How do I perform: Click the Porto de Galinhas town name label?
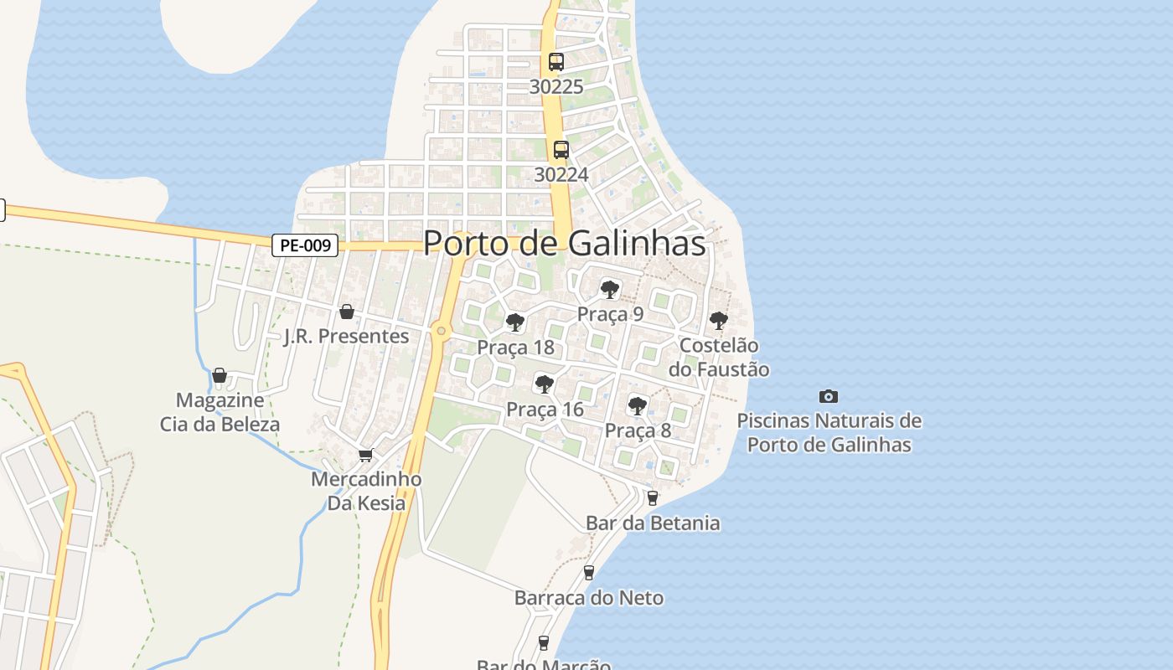click(x=564, y=243)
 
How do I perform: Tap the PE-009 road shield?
click(x=305, y=245)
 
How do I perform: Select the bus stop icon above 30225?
click(x=556, y=61)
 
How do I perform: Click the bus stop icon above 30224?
click(x=561, y=150)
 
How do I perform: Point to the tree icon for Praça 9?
click(x=610, y=290)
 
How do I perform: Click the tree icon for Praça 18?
click(x=515, y=322)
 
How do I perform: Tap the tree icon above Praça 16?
click(x=545, y=384)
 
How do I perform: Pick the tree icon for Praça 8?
click(x=638, y=406)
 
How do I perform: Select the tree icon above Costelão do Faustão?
click(x=718, y=320)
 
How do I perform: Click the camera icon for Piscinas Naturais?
click(x=828, y=396)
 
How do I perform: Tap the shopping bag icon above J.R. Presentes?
click(x=347, y=312)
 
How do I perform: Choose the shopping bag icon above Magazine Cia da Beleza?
click(x=220, y=375)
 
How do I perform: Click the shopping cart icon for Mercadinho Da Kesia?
click(x=365, y=456)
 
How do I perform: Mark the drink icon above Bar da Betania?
click(x=653, y=498)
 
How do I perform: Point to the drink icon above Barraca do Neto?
click(x=589, y=573)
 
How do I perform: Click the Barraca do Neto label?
click(x=588, y=598)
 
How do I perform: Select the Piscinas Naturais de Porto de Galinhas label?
click(x=829, y=432)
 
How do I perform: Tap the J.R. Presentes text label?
click(x=346, y=337)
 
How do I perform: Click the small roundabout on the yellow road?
click(x=442, y=332)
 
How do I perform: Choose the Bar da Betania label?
click(x=652, y=523)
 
